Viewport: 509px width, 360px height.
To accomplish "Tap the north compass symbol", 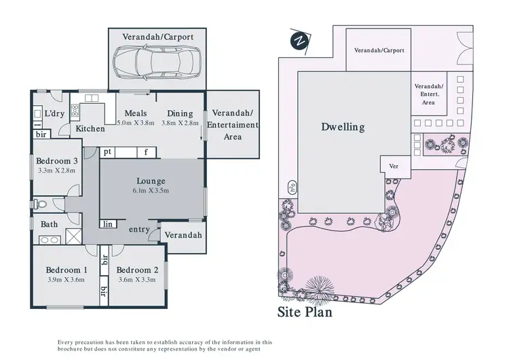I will click(x=298, y=41).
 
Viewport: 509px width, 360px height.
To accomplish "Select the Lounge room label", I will click(x=151, y=181).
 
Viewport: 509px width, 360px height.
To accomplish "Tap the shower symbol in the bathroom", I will click(x=72, y=236).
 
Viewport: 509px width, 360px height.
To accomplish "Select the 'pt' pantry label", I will click(x=108, y=152).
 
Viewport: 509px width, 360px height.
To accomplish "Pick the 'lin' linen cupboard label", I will click(x=108, y=223).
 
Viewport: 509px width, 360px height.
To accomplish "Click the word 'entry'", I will click(x=138, y=230).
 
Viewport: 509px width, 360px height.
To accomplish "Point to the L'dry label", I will click(x=54, y=113).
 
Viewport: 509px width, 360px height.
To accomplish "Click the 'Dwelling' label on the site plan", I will click(x=343, y=127).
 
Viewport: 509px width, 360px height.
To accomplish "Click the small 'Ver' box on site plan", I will click(x=392, y=166).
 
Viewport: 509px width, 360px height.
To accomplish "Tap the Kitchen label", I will click(x=90, y=128).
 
